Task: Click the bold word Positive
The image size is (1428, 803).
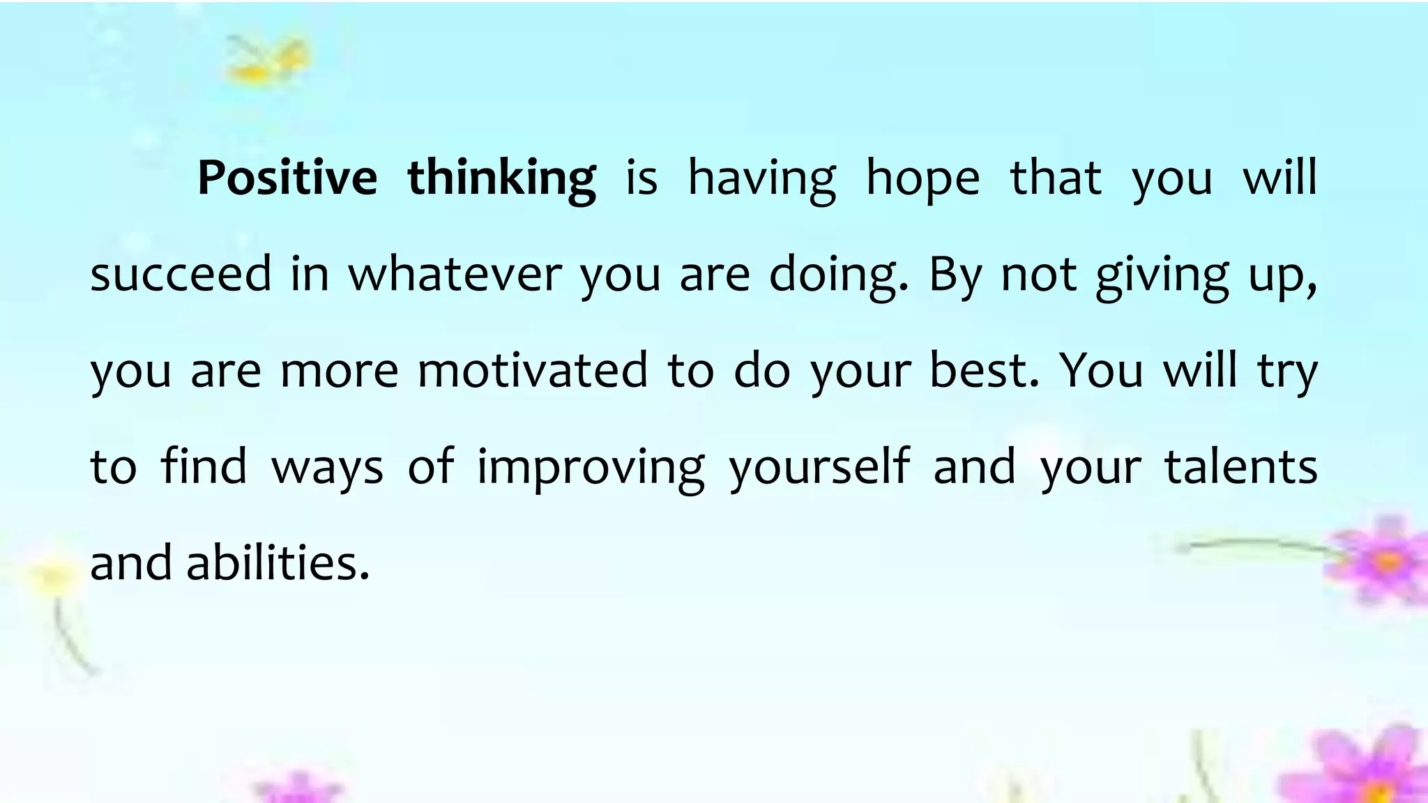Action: pyautogui.click(x=287, y=178)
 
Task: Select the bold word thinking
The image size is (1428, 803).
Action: pyautogui.click(x=501, y=179)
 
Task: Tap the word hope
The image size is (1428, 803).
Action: pyautogui.click(x=922, y=179)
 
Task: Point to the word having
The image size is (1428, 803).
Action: pyautogui.click(x=761, y=179)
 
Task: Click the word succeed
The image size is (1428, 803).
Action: pyautogui.click(x=181, y=273)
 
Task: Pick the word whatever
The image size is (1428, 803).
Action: pyautogui.click(x=455, y=273)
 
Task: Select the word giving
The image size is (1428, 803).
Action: pyautogui.click(x=1162, y=276)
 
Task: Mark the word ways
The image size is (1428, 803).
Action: pyautogui.click(x=327, y=468)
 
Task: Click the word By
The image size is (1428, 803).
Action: pyautogui.click(x=955, y=275)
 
